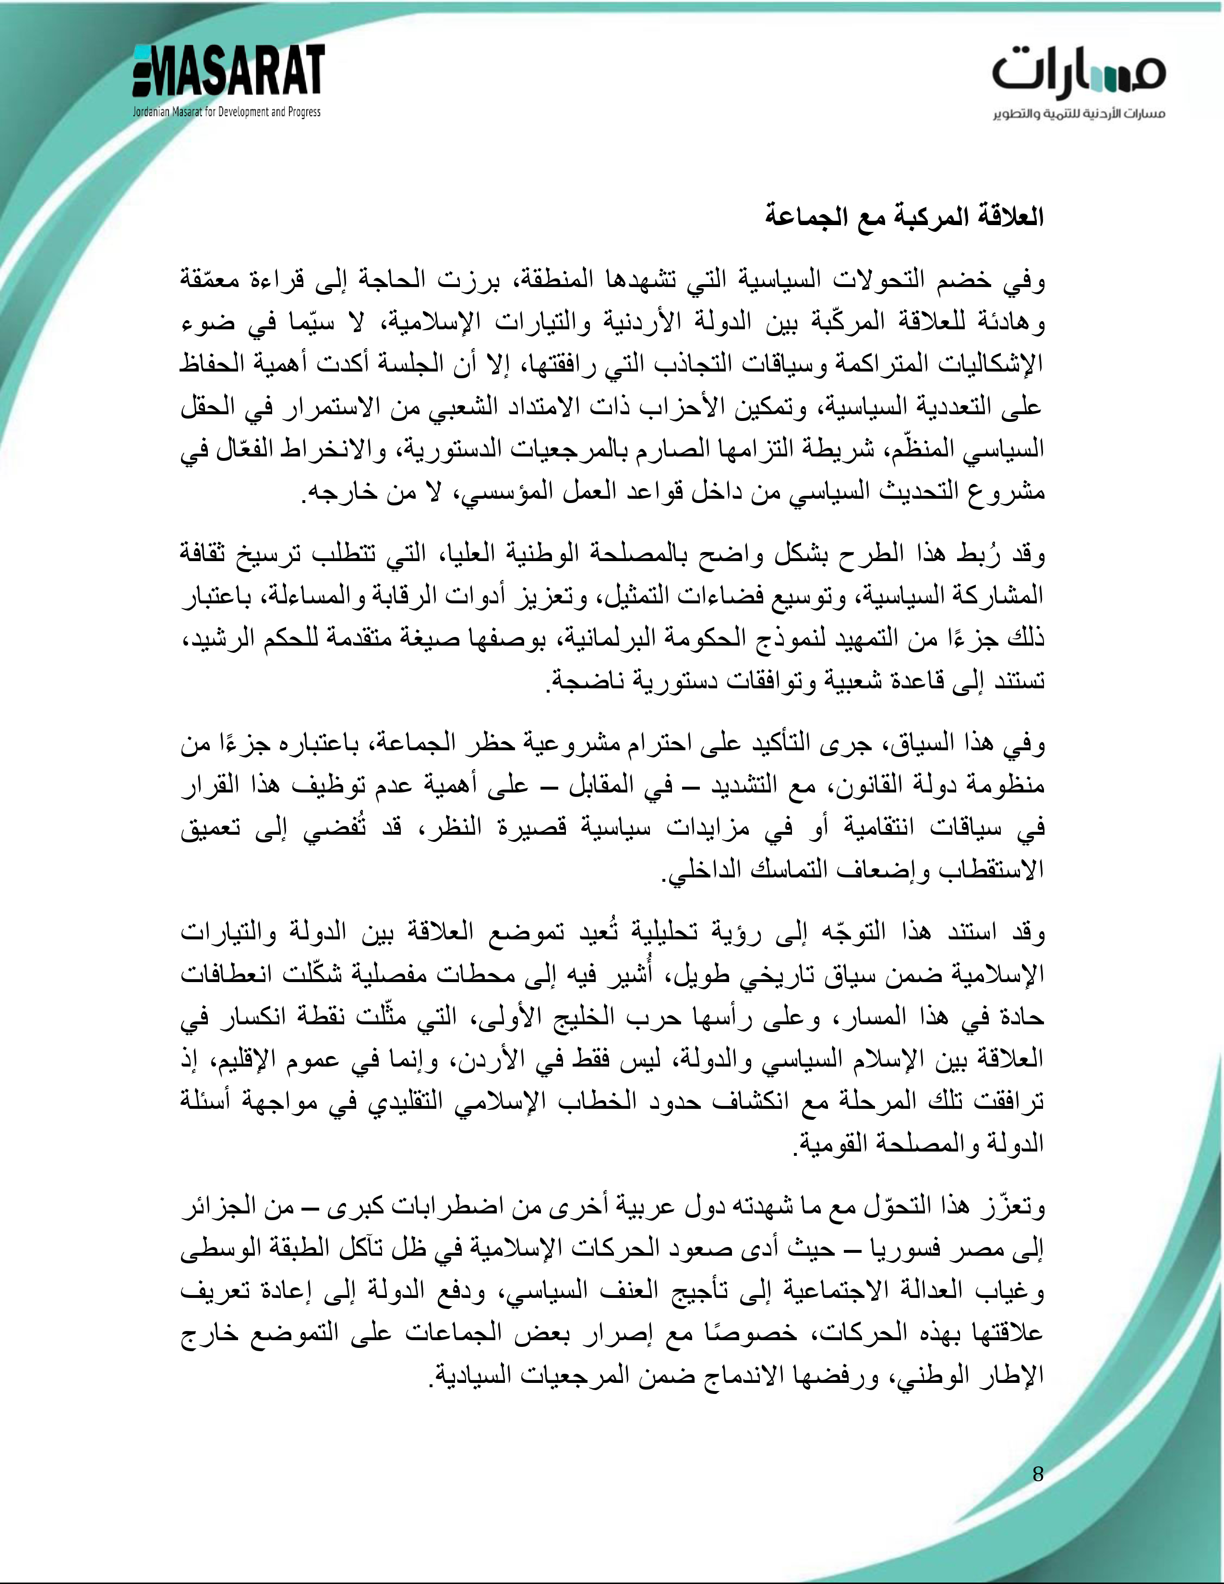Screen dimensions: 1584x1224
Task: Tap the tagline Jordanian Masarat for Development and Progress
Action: pos(226,112)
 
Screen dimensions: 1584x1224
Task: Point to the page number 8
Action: pos(1038,1473)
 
